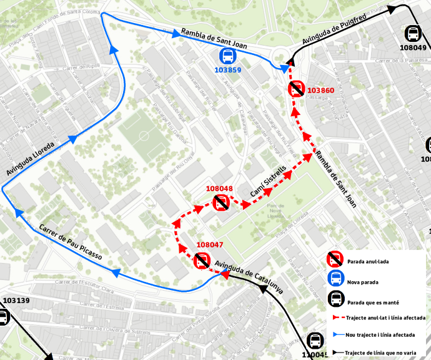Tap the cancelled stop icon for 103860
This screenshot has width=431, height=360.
[296, 89]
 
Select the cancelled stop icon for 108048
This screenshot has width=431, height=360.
[220, 202]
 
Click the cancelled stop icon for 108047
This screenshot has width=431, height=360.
[202, 261]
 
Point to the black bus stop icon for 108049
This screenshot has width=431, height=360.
[412, 34]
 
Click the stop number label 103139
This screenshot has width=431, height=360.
[16, 301]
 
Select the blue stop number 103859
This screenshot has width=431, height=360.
[227, 70]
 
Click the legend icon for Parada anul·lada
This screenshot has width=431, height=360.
[335, 259]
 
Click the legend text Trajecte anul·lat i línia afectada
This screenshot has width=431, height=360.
[385, 318]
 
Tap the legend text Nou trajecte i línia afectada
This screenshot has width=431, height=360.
[385, 336]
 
